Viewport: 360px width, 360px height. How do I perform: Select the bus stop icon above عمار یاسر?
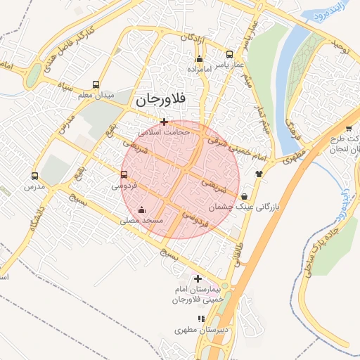point(229,54)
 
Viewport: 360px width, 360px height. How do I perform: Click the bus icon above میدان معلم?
point(96,84)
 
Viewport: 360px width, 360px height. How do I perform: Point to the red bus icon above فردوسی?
point(124,174)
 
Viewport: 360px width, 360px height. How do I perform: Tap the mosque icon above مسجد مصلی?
point(142,209)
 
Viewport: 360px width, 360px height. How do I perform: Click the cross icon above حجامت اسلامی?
point(164,122)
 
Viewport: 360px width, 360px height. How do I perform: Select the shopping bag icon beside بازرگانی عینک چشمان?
point(243,196)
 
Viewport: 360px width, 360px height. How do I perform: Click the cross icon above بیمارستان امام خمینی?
point(197,278)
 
